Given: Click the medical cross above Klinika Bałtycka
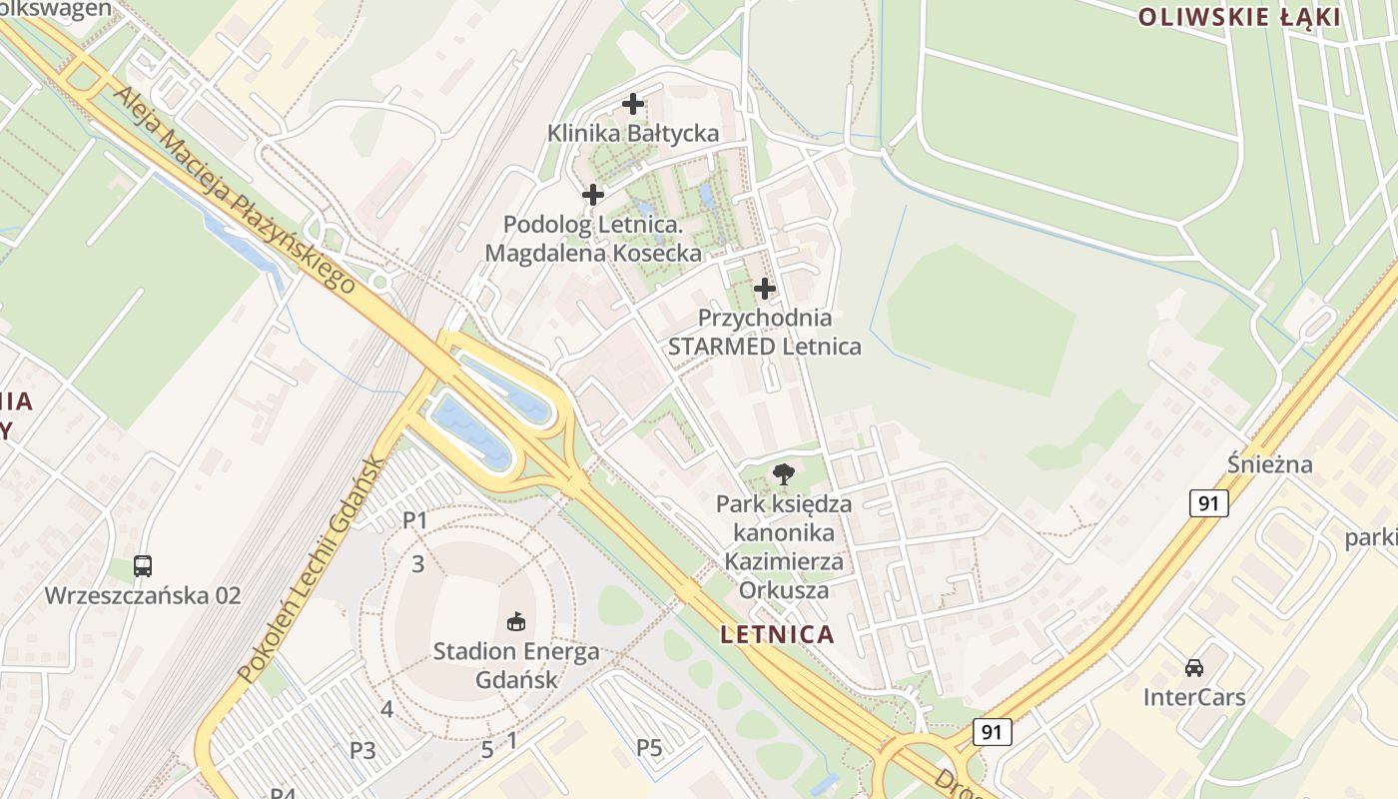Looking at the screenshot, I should point(633,103).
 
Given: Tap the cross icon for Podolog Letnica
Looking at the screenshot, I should point(593,195).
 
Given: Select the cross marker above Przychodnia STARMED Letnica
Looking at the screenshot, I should point(765,289).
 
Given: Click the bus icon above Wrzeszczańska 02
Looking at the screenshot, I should point(143,566).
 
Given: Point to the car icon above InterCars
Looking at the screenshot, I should point(1194,667).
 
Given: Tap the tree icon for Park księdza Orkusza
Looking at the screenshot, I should point(784,473).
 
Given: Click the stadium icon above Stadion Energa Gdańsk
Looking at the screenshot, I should point(516,622).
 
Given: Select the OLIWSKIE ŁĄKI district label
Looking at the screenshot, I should point(1239,16).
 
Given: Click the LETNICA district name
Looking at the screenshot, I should point(777,634).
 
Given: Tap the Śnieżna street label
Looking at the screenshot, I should point(1270,464).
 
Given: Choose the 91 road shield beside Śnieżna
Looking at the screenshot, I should point(1208,503).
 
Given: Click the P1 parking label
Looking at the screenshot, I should point(415,520).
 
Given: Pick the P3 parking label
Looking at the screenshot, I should point(362,750).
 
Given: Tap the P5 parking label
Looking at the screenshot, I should point(650,747).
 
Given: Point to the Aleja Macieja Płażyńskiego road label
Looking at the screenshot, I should point(235,191).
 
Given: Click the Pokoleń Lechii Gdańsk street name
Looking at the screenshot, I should point(311,570).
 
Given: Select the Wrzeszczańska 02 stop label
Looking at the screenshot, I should point(143,596).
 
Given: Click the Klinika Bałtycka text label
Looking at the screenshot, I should point(633,133).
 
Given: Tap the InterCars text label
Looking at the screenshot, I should point(1194,697).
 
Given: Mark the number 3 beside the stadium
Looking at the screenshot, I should point(418,564).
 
